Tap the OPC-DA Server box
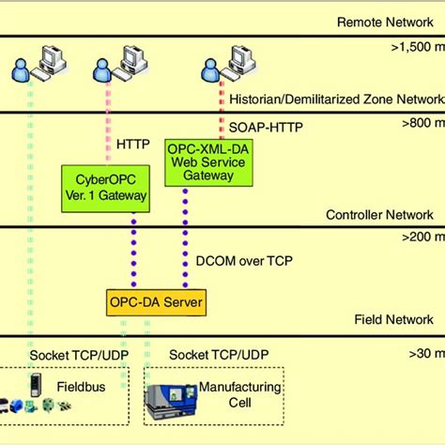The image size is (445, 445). (x=154, y=302)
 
